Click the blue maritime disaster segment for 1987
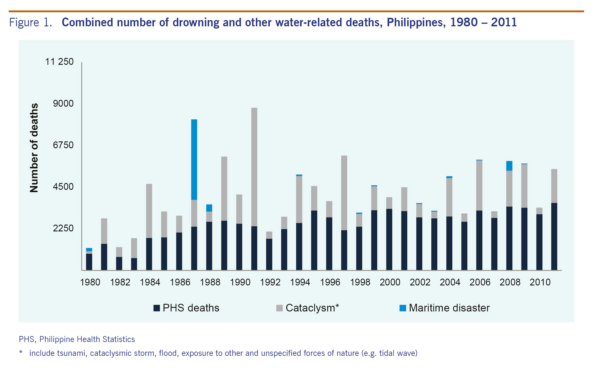[x=194, y=160]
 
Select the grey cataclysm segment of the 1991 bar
[x=254, y=167]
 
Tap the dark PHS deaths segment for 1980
[x=89, y=262]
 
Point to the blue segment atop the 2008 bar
[x=509, y=166]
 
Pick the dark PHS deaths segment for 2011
[x=554, y=236]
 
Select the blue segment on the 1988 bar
[x=209, y=208]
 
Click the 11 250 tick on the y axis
[x=59, y=62]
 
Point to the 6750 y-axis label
[x=63, y=145]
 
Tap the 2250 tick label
[x=63, y=228]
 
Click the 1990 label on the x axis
[x=240, y=282]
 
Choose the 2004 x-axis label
[x=450, y=282]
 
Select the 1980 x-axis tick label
[x=90, y=282]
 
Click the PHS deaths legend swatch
[x=156, y=308]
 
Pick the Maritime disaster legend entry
[x=449, y=308]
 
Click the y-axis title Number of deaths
[x=34, y=148]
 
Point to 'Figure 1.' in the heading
[x=31, y=22]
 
